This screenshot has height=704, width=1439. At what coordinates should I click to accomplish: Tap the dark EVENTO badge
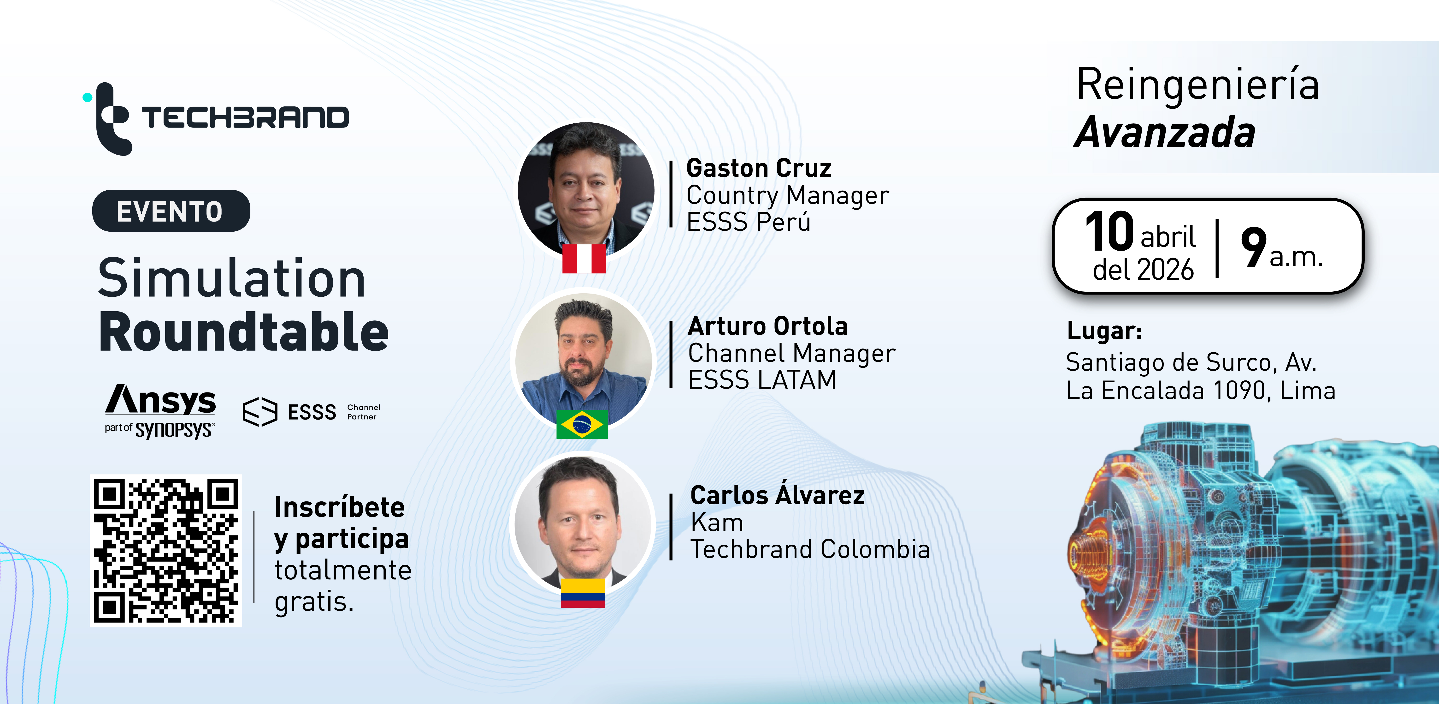(x=171, y=211)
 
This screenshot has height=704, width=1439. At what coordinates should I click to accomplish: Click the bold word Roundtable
(x=244, y=332)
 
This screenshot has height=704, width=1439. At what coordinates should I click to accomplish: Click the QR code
(x=166, y=551)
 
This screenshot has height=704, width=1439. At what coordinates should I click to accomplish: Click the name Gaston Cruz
(x=759, y=168)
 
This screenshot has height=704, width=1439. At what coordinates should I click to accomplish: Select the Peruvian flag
(x=584, y=258)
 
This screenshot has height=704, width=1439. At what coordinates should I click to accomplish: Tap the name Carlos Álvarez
(x=778, y=495)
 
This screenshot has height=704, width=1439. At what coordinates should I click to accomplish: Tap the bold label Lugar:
(x=1104, y=331)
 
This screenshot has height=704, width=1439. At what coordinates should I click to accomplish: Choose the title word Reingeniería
(x=1198, y=84)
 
